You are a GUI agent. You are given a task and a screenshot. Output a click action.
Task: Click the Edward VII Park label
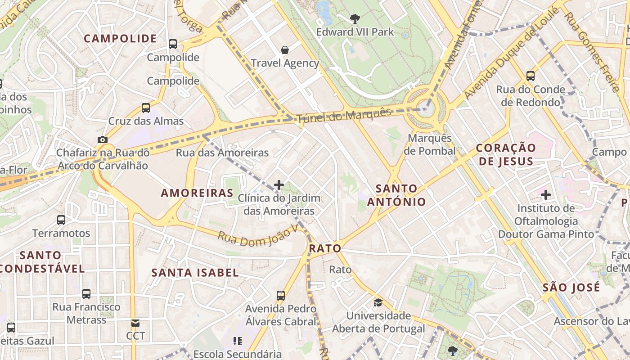[355, 32]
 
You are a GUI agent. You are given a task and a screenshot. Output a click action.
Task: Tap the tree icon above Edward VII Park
[355, 18]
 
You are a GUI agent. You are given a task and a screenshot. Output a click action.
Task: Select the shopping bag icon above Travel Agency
[285, 49]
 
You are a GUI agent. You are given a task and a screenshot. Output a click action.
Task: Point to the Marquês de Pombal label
[429, 144]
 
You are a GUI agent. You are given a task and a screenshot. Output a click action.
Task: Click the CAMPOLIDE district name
[120, 39]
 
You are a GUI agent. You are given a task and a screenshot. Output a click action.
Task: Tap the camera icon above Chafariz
[103, 139]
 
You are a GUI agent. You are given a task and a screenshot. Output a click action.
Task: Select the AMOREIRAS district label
[197, 193]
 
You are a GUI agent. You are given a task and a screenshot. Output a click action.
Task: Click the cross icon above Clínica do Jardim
[279, 184]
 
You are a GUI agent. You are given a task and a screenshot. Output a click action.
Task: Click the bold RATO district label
[325, 248]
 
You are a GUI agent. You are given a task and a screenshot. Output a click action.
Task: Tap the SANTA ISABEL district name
[195, 272]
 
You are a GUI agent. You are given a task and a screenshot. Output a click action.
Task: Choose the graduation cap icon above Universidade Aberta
[378, 302]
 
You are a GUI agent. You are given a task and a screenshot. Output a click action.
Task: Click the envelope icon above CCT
[135, 323]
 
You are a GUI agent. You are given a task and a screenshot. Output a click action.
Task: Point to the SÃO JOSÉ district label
[571, 287]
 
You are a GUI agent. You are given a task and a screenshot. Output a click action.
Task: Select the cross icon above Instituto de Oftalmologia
[546, 195]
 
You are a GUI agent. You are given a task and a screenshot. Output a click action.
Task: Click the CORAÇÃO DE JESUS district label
[506, 154]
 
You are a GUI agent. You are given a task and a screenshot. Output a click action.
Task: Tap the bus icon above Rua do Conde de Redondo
[531, 76]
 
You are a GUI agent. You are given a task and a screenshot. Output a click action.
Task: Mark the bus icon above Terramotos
[61, 220]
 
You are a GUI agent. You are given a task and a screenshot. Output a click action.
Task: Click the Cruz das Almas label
[146, 121]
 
